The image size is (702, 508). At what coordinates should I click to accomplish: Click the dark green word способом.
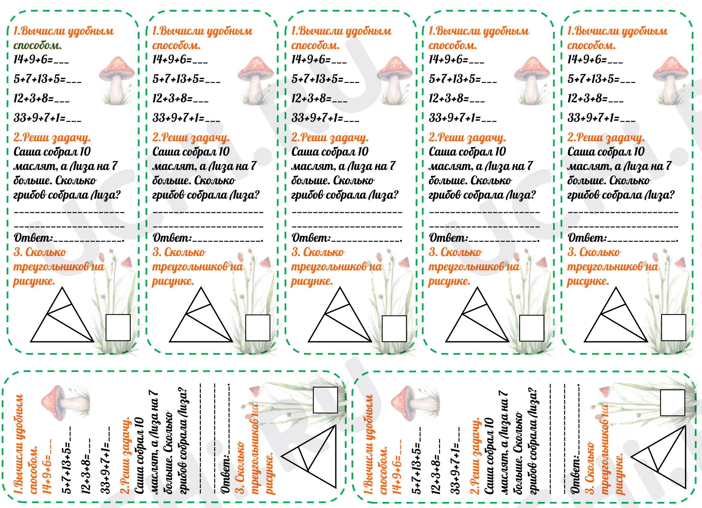click(x=37, y=45)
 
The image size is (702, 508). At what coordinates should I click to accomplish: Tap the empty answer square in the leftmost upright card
click(x=118, y=327)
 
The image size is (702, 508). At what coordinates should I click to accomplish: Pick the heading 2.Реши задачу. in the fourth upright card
click(x=467, y=138)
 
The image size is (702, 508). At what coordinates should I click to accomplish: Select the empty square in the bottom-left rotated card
click(x=325, y=400)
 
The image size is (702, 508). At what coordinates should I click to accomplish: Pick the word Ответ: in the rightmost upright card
click(x=587, y=238)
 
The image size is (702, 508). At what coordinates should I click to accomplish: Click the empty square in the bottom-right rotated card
click(x=673, y=403)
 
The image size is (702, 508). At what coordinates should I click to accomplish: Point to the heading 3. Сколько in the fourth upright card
click(x=455, y=252)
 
